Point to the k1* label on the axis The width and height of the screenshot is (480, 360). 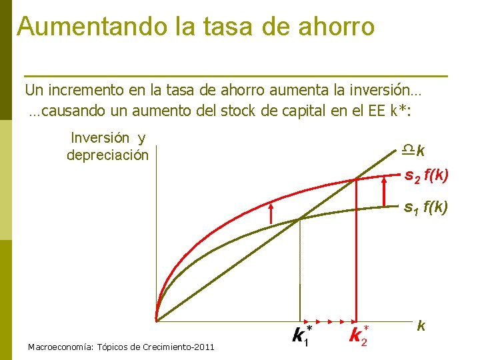tap(301, 335)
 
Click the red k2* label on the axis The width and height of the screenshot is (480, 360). tap(358, 335)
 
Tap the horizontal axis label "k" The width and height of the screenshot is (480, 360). tap(421, 326)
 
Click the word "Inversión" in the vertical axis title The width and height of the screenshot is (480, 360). tap(100, 138)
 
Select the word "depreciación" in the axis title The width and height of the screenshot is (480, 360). tap(107, 155)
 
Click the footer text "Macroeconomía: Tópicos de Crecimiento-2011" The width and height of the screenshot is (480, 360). tap(121, 347)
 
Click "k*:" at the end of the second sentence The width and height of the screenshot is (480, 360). tap(401, 110)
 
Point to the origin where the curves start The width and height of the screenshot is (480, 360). tap(156, 321)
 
